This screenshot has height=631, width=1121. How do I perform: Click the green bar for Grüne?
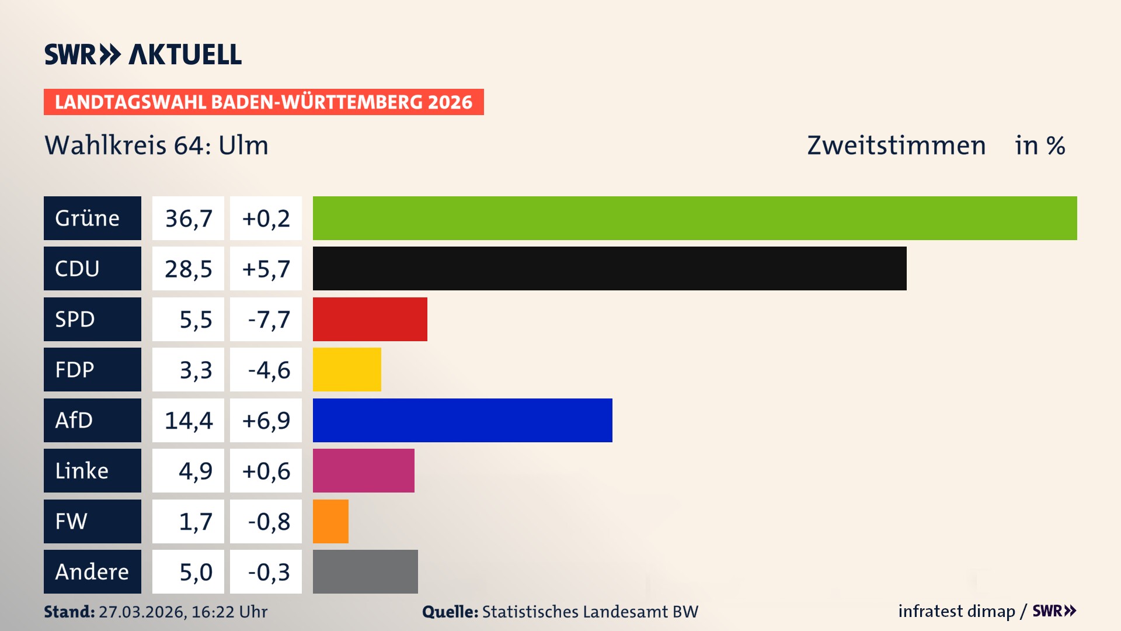point(695,218)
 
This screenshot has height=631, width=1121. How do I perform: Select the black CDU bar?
point(610,269)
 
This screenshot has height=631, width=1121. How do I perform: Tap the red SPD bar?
point(370,319)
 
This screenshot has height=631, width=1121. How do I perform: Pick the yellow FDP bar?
point(347,369)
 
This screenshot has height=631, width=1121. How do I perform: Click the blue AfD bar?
point(462,420)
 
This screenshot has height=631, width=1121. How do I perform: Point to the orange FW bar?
point(330,521)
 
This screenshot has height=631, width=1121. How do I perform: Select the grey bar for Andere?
point(365,571)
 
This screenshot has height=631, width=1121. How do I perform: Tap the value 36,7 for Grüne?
point(188,219)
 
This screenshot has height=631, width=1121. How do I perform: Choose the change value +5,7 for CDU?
point(266,269)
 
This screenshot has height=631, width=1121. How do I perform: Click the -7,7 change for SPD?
point(268,320)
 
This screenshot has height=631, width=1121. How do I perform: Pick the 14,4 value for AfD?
point(188,420)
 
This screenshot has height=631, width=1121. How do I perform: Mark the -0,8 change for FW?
point(268,521)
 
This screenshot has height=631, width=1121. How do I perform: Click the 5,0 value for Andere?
point(195,572)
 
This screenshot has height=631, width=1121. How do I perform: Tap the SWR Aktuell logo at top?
point(143,54)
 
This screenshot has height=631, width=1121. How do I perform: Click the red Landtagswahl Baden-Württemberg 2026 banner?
point(263,102)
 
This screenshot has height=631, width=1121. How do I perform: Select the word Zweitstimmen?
point(896,145)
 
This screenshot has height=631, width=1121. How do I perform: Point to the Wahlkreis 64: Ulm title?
point(156,145)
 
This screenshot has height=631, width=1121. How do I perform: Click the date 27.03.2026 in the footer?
point(142,612)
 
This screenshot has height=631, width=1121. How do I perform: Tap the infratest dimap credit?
point(956,611)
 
